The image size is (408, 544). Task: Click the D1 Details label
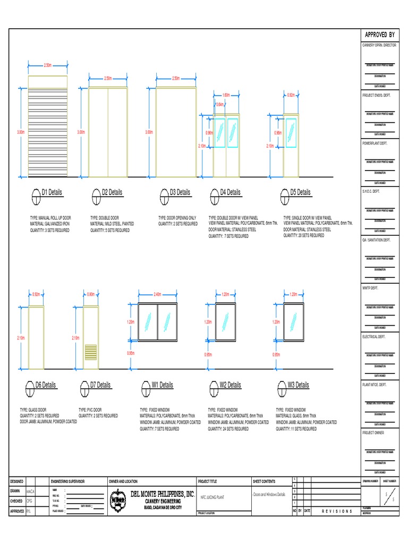click(52, 192)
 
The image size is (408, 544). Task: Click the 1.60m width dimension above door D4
click(226, 95)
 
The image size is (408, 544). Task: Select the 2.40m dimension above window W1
click(157, 294)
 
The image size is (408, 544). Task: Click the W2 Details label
click(230, 385)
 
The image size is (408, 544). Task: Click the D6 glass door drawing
click(36, 337)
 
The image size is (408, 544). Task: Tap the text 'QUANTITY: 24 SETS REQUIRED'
click(228, 428)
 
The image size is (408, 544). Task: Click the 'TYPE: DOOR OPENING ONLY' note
click(177, 218)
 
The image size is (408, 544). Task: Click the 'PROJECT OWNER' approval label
click(373, 433)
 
